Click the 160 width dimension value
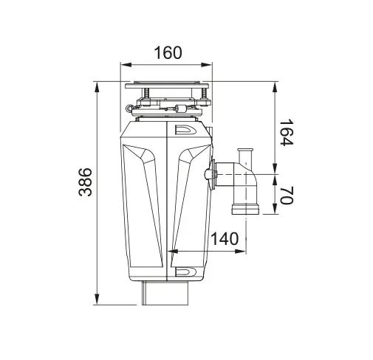click(168, 52)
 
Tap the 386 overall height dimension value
click(85, 182)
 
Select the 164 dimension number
click(287, 132)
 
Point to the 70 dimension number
click(287, 195)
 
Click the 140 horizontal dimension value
click(225, 238)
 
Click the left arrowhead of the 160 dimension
click(126, 65)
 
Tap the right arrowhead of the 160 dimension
click(206, 65)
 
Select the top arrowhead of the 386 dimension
click(97, 88)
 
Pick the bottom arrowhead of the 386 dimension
click(97, 299)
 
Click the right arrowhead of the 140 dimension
click(240, 252)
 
